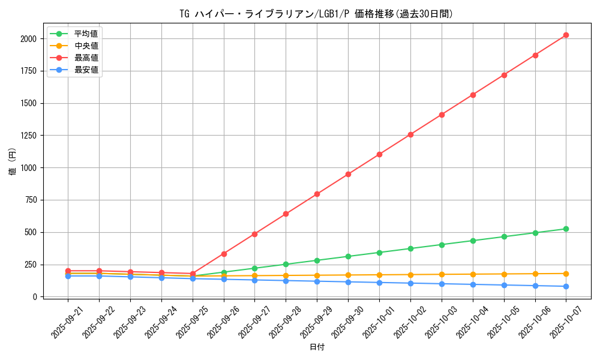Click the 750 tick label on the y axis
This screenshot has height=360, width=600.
[29, 200]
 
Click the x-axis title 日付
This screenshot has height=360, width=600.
[317, 347]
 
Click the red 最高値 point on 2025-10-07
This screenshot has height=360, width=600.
[566, 35]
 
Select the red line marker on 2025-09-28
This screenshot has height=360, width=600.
[286, 214]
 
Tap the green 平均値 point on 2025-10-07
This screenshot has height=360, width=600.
[566, 229]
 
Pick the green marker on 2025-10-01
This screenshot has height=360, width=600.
[379, 253]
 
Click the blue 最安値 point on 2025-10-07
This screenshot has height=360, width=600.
[566, 286]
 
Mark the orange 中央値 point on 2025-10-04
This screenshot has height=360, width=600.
[473, 274]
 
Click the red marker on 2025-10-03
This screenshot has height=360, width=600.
[442, 115]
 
